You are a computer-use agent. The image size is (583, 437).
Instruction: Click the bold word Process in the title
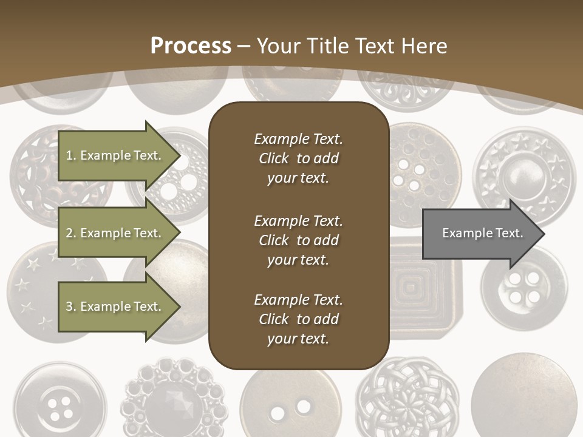point(191,46)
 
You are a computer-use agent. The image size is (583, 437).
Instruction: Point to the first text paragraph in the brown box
point(298,158)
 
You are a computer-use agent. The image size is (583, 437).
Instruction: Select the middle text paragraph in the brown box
point(298,240)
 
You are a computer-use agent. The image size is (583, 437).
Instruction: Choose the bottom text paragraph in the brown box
point(298,319)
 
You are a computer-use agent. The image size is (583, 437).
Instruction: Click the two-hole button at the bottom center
point(288,404)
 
